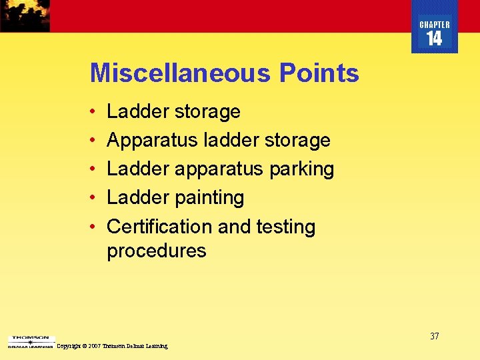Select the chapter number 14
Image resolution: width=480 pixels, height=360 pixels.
(x=434, y=39)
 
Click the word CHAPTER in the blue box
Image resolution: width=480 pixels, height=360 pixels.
(x=435, y=25)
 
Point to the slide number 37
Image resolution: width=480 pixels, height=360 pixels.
(x=434, y=336)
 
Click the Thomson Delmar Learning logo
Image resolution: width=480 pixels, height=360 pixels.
(x=30, y=341)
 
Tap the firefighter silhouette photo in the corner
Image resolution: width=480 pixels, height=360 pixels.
(x=25, y=15)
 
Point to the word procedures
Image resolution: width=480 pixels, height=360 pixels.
(x=157, y=251)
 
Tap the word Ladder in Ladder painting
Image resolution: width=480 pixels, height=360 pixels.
(x=138, y=197)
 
